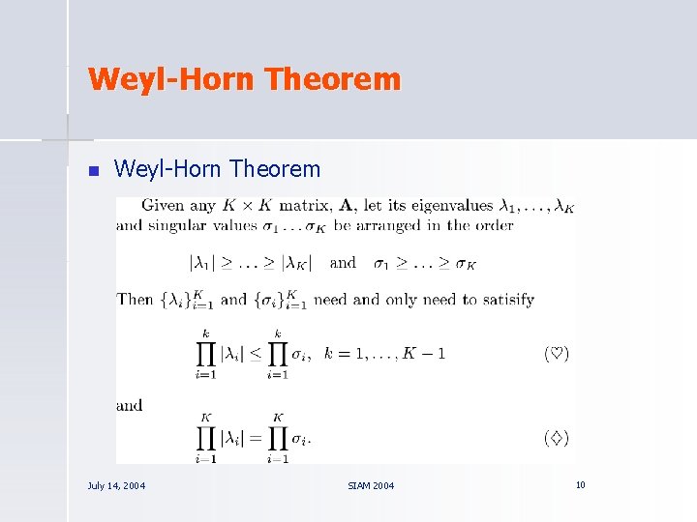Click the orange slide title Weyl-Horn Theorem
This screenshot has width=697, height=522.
[243, 78]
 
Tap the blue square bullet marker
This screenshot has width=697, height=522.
[94, 172]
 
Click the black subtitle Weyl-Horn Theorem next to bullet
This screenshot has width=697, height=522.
[217, 170]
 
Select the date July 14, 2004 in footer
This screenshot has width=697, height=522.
[116, 485]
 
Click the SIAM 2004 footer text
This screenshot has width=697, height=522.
[371, 485]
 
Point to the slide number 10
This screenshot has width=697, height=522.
[580, 484]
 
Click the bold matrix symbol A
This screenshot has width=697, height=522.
[346, 205]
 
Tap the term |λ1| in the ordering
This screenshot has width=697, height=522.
[204, 263]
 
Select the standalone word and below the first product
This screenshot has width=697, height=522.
[129, 405]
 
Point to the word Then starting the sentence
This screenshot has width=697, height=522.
[135, 299]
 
